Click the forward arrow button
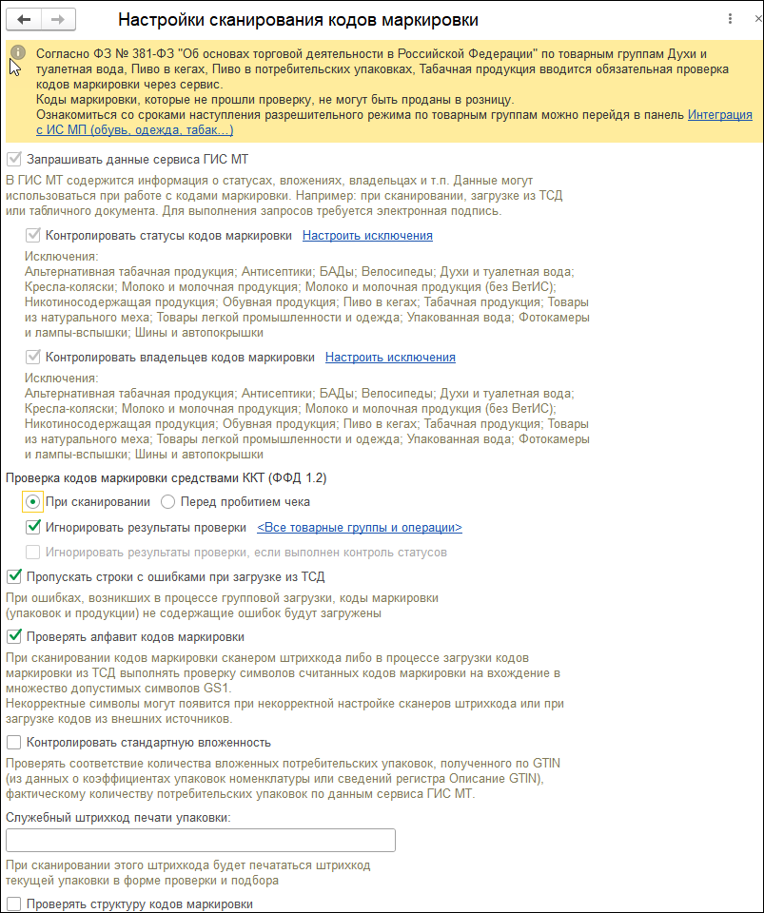[57, 19]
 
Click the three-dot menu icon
[730, 19]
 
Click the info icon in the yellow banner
[17, 53]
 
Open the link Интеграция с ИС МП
[719, 115]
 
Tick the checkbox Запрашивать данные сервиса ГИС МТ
[13, 160]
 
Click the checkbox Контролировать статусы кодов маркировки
[33, 236]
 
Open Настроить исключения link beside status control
[367, 236]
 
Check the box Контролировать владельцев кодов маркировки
[33, 358]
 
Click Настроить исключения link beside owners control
[390, 358]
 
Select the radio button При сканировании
[33, 502]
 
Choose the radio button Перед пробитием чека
[168, 502]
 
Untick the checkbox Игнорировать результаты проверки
[33, 527]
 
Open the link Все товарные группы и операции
[360, 528]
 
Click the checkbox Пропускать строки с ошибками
[13, 576]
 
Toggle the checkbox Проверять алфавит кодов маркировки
[13, 637]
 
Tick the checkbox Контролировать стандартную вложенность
[13, 743]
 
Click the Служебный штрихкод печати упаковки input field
[200, 840]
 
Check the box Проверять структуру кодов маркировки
[13, 903]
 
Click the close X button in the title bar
[751, 19]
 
